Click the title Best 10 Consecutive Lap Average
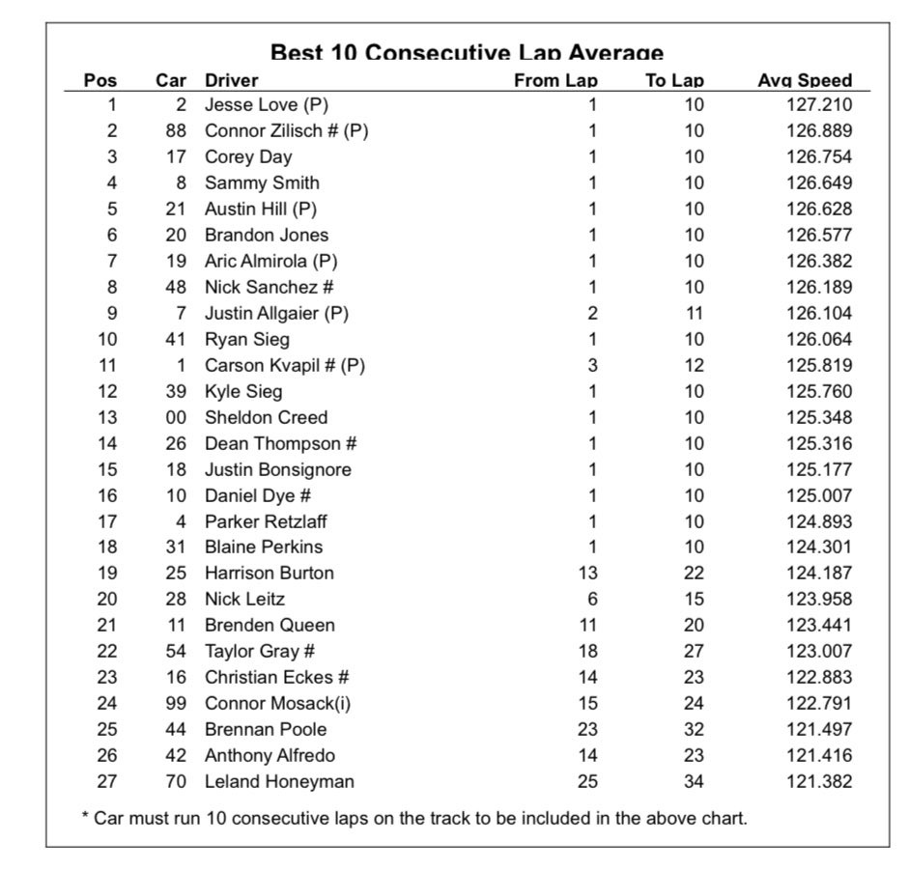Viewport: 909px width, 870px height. (467, 53)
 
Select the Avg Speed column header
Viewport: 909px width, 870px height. (805, 81)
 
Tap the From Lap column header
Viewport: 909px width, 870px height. (555, 81)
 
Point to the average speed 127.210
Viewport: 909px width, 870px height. (819, 104)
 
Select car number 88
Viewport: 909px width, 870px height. (175, 130)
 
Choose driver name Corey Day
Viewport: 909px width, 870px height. (248, 156)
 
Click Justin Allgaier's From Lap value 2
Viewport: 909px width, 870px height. (592, 313)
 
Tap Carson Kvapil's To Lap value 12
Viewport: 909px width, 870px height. (694, 365)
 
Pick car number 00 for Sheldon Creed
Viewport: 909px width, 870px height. (175, 417)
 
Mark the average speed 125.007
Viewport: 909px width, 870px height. (819, 495)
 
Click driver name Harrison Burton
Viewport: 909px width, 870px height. (270, 573)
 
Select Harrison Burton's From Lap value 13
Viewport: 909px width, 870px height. (587, 573)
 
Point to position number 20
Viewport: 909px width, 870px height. (106, 599)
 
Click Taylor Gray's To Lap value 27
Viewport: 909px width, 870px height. (694, 651)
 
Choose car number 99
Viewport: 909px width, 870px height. (175, 703)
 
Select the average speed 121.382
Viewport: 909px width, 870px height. (819, 781)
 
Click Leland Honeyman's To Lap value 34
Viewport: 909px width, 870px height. (694, 781)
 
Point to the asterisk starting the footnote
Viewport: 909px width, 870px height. (85, 818)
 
